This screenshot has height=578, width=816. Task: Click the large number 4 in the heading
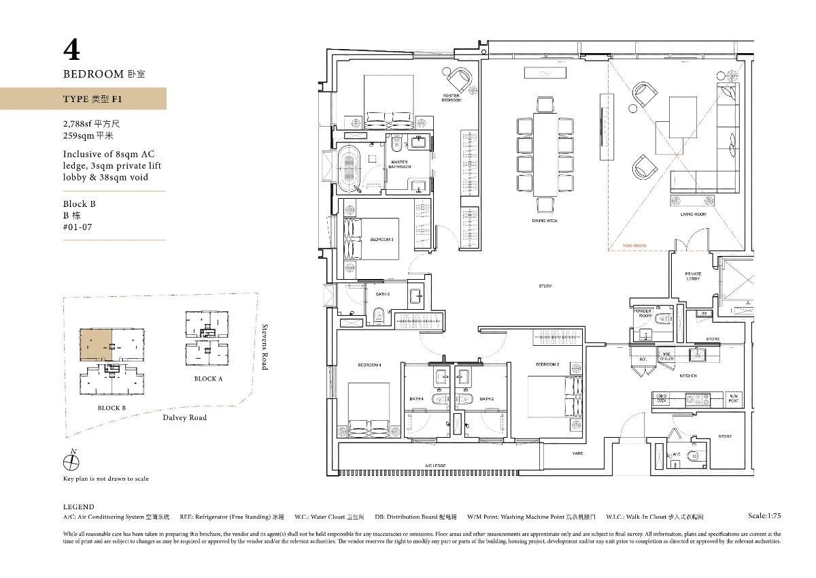(x=72, y=50)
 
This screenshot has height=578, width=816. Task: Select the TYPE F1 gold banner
(x=83, y=99)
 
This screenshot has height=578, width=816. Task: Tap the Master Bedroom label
(x=451, y=98)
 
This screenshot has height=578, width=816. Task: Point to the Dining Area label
(x=545, y=221)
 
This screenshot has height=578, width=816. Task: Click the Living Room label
(x=694, y=214)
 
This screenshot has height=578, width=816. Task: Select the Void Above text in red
(x=634, y=245)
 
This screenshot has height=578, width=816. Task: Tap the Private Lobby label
(x=693, y=276)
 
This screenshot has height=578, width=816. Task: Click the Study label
(x=545, y=286)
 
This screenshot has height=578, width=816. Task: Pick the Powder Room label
(x=643, y=313)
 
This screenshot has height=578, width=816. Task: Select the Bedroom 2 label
(x=547, y=365)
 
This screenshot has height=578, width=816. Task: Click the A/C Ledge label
(x=436, y=466)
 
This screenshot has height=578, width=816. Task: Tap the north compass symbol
(x=71, y=462)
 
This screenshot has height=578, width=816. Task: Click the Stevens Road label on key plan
(x=265, y=347)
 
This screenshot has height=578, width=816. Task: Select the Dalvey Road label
(x=184, y=417)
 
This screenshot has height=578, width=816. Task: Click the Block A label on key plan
(x=208, y=379)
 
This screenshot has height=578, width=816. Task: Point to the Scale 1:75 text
(x=764, y=516)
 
